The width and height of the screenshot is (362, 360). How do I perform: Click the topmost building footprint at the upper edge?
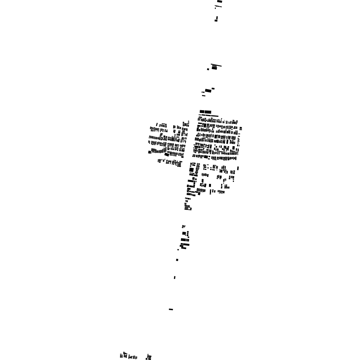tap(220, 2)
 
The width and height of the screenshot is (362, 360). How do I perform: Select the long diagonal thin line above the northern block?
tap(216, 65)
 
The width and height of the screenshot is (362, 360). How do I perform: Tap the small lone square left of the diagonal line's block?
tap(208, 69)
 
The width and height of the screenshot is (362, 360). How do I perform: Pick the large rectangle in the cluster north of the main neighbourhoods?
tap(208, 91)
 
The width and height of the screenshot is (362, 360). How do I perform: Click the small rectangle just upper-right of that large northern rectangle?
tap(213, 88)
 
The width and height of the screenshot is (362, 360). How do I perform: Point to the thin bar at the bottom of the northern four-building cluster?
tap(204, 95)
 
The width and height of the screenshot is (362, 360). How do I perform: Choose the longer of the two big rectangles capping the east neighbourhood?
tap(208, 112)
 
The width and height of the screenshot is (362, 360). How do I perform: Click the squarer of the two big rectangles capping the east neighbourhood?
tap(202, 112)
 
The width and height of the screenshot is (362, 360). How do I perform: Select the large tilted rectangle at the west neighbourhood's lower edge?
tap(167, 155)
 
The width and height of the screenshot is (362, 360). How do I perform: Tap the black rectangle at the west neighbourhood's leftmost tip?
tap(149, 152)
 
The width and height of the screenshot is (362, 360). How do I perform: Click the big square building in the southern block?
tap(192, 170)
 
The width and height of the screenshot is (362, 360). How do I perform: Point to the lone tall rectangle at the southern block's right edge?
tap(238, 168)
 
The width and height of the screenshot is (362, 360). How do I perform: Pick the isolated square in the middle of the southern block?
tap(210, 185)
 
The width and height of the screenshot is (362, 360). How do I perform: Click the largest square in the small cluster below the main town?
tap(184, 233)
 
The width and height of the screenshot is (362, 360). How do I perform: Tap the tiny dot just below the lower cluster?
tap(178, 250)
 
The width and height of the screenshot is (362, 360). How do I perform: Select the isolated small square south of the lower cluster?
tap(177, 260)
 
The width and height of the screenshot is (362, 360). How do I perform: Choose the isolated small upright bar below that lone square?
tap(174, 277)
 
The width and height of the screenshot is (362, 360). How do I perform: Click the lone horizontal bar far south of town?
tap(171, 309)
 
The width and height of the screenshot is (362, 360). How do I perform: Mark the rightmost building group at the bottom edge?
tap(148, 356)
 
